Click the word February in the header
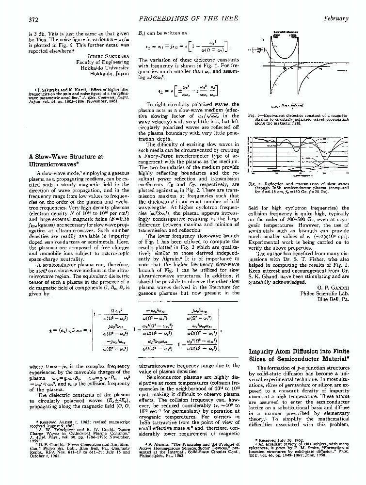[x=336, y=19]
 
